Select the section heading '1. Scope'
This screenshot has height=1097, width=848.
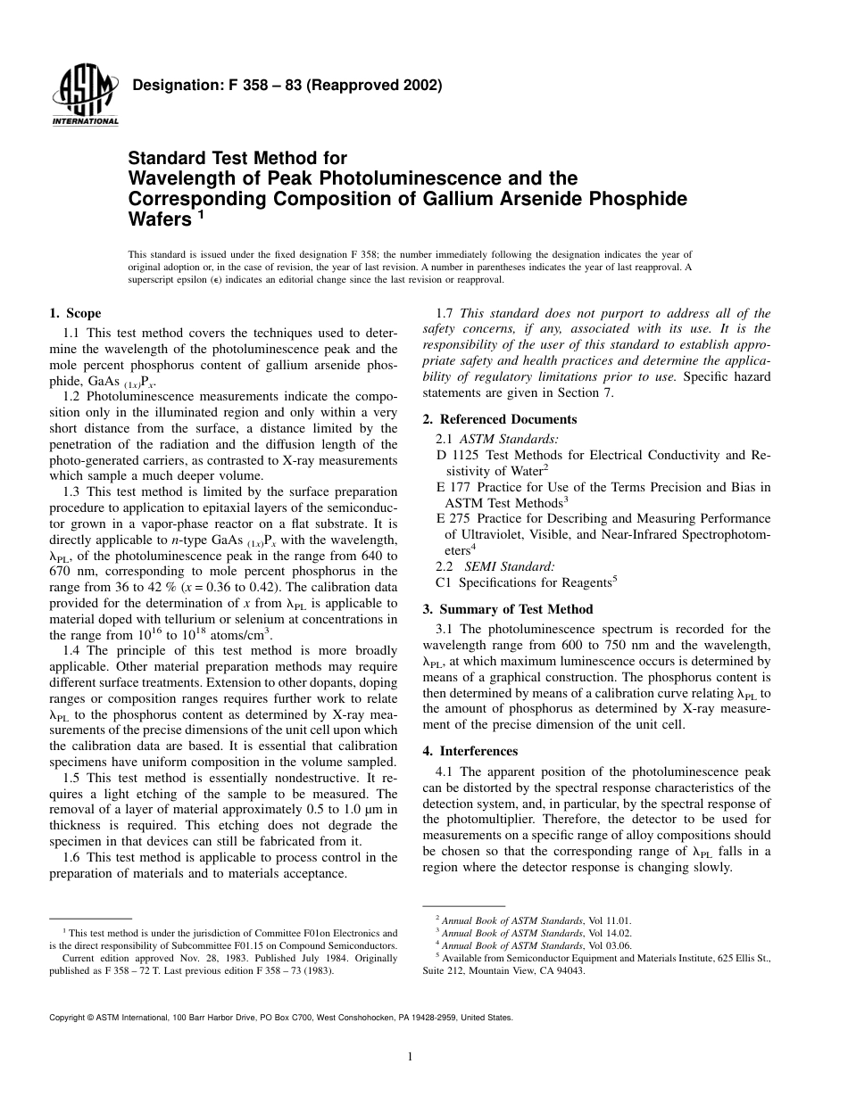75,313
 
